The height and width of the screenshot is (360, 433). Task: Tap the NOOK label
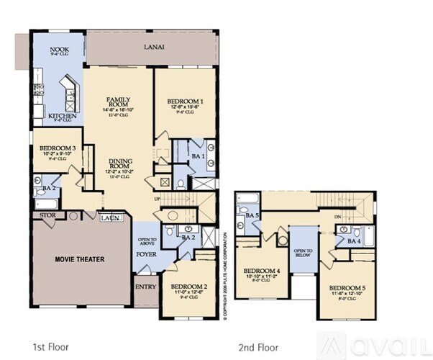click(x=59, y=50)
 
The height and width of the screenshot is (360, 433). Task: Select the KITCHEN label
click(x=63, y=115)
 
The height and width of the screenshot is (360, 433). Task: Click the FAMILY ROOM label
click(x=118, y=102)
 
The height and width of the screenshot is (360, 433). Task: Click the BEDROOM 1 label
click(x=184, y=102)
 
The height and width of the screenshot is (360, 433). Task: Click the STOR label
click(x=47, y=215)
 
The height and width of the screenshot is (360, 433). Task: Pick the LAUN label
click(x=110, y=217)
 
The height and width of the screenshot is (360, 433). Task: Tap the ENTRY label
click(x=145, y=287)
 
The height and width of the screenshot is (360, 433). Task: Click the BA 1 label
click(x=198, y=156)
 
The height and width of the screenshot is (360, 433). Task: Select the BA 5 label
click(x=252, y=215)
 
